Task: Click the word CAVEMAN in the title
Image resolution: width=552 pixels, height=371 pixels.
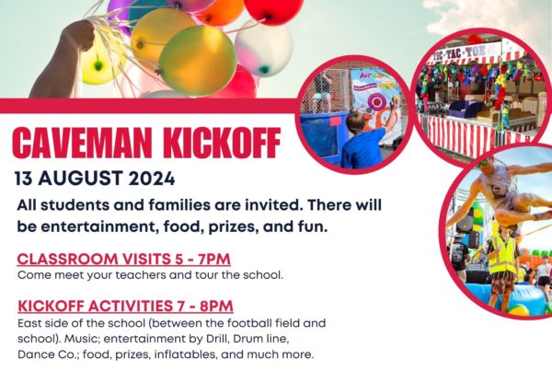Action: click(82, 143)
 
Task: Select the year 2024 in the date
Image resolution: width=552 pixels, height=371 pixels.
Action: click(152, 179)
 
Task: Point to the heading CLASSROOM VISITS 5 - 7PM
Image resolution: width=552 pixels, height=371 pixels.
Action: click(123, 259)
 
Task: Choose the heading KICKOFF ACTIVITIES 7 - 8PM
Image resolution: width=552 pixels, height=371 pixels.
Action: click(125, 306)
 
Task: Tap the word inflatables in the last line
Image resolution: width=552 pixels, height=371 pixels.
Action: click(185, 354)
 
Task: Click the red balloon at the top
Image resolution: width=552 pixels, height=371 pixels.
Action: click(273, 10)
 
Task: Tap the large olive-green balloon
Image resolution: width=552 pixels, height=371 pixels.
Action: click(198, 60)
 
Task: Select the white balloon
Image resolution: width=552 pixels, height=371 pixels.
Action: click(264, 48)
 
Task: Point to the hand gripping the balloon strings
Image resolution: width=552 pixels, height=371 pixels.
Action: click(79, 35)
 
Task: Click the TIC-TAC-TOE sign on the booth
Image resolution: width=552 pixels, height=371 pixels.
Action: click(464, 53)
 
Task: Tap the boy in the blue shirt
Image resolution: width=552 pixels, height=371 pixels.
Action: click(362, 143)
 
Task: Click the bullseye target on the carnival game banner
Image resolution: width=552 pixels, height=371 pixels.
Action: click(376, 102)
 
